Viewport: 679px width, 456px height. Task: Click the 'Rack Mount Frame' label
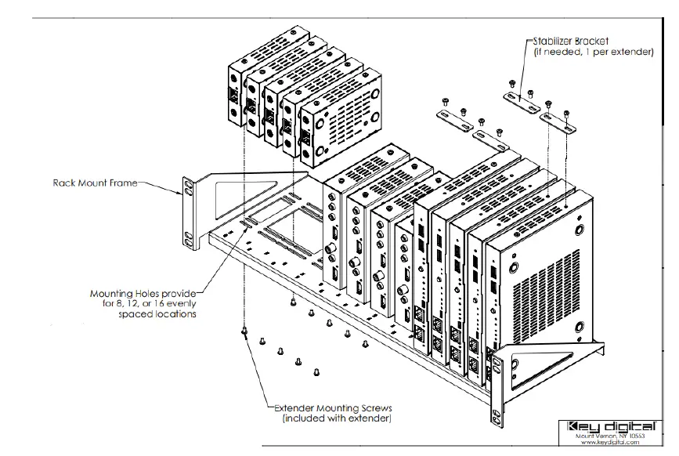[x=95, y=183]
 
